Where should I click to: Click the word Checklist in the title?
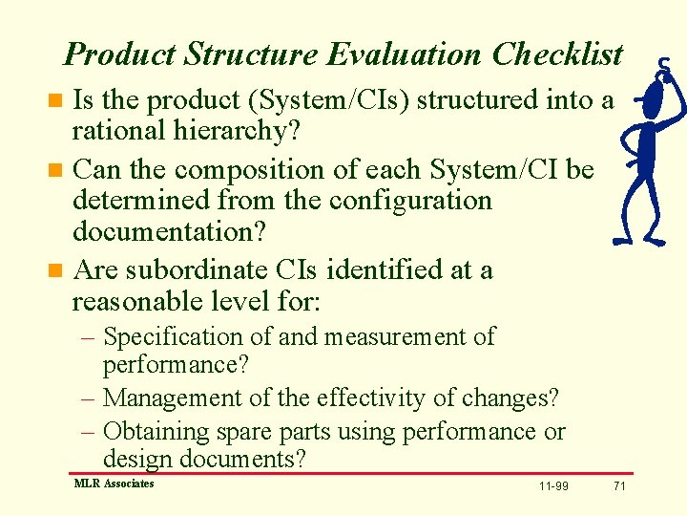[557, 54]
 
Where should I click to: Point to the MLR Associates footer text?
[114, 484]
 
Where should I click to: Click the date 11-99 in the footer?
[553, 486]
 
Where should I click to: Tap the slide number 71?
[619, 486]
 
